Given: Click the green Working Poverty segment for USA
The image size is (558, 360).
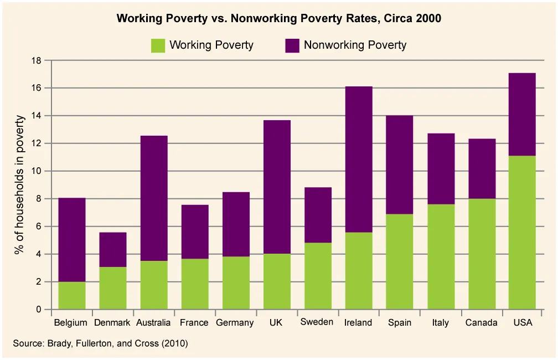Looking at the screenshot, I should coord(522,233).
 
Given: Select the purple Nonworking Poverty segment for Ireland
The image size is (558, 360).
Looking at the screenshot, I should coord(358,160).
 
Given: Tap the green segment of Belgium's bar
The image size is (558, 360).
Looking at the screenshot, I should coord(71,295).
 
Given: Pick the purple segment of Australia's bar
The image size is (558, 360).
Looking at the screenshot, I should coord(153,198).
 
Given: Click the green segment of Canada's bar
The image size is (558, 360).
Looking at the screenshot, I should coord(481,254).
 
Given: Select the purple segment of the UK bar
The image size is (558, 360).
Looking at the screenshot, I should coord(276,187).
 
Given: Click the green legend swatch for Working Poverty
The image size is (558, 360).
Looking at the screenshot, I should coord(158,45).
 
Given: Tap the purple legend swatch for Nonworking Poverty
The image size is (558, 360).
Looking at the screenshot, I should coord(292,45).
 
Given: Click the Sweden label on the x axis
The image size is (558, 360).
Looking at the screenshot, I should coord(317,322).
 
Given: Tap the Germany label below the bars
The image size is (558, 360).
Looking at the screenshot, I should coord(235,322).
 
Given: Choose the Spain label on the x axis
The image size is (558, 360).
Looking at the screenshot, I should coord(399,322).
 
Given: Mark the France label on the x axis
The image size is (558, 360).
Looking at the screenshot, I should coord(194,322).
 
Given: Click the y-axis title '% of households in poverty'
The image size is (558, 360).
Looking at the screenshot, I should coord(20,184).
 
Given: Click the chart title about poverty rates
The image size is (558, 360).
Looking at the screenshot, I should coord(278,18).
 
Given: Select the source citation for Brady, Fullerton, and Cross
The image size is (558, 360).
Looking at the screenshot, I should coord(100,343).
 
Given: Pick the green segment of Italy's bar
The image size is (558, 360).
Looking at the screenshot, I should coord(440,256).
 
